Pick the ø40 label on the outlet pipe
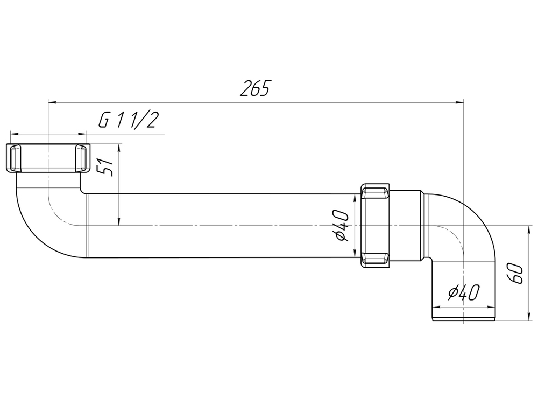pos(463,294)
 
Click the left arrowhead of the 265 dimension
pos(53,101)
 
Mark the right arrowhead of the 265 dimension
pos(459,101)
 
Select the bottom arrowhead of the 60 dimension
pos(528,317)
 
